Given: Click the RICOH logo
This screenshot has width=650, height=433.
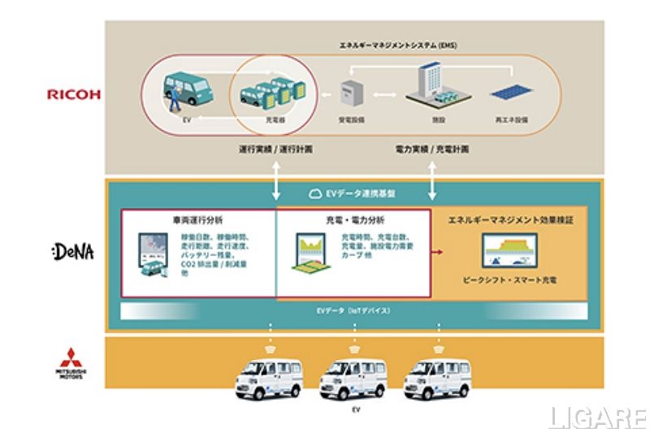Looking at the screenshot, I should click(x=73, y=94).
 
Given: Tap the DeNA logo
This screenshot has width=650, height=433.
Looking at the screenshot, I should click(x=72, y=252).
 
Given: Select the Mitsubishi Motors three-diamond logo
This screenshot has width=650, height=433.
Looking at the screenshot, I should click(x=71, y=356).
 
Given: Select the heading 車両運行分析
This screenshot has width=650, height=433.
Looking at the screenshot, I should click(x=199, y=220).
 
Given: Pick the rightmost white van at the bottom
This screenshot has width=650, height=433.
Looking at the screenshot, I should click(x=436, y=379).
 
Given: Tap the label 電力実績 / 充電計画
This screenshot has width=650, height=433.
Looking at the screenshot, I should click(x=430, y=151).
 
